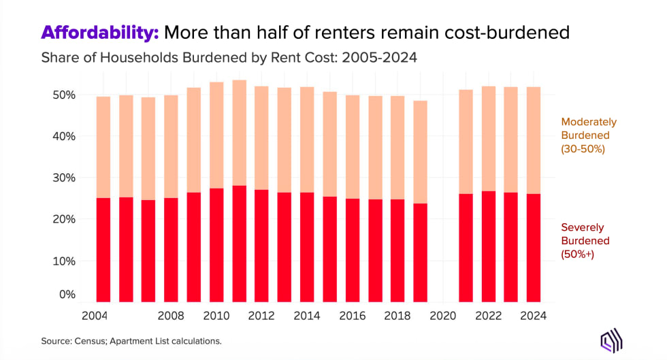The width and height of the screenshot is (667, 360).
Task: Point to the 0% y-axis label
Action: (x=66, y=295)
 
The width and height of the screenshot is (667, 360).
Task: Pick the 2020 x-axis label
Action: (x=443, y=316)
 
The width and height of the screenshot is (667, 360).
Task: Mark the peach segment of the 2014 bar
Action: (x=307, y=140)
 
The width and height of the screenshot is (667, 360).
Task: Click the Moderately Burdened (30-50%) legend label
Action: (x=589, y=135)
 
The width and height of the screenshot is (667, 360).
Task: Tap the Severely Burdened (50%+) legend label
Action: (x=585, y=241)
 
